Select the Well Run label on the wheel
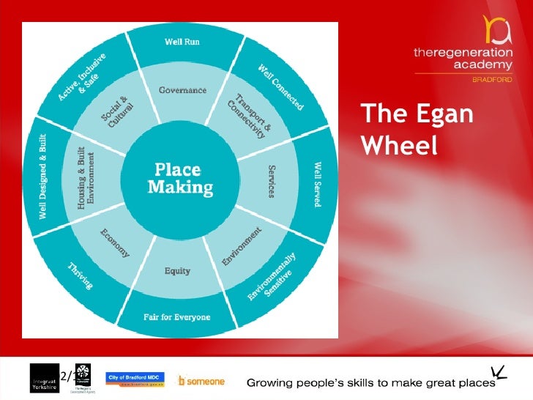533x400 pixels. click(182, 41)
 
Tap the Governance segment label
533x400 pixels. click(182, 90)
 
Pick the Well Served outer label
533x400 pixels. click(318, 184)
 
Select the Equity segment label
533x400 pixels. click(177, 271)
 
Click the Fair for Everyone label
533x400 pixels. click(176, 317)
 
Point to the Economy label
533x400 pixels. click(114, 242)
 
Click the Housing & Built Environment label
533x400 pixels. click(86, 178)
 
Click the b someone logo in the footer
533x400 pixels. click(201, 381)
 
